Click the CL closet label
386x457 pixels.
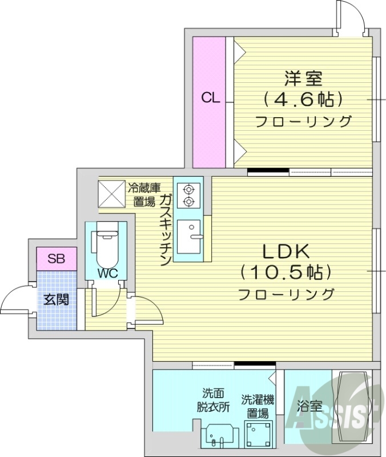(x=210, y=98)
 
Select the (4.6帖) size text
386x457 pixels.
(x=303, y=99)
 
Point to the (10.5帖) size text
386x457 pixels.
(x=286, y=272)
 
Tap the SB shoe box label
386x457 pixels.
(x=55, y=259)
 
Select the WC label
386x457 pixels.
(x=107, y=273)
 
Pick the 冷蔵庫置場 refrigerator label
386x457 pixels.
(x=143, y=194)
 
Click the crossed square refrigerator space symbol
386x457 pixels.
(x=111, y=194)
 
